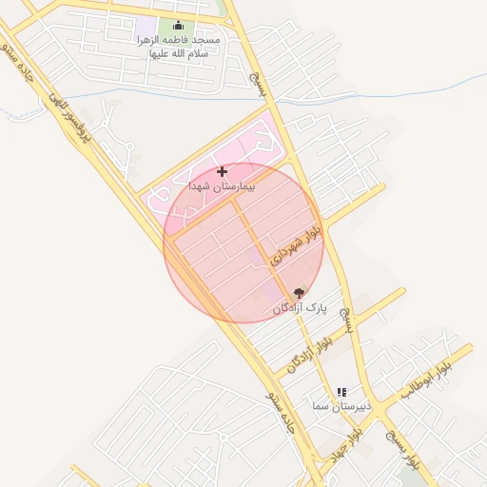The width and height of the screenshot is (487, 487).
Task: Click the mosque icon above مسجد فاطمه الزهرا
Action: click(x=178, y=26)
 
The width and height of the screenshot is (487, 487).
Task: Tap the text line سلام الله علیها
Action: click(x=178, y=53)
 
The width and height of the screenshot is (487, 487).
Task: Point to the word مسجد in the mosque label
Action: click(x=206, y=41)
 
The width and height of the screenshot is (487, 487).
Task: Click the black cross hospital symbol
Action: click(x=223, y=171)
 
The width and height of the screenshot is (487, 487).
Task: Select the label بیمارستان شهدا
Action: click(x=223, y=186)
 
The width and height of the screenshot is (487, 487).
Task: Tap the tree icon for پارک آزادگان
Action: click(x=300, y=293)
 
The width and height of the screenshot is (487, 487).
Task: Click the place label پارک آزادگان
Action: click(x=300, y=309)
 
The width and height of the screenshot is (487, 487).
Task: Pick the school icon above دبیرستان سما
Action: click(x=341, y=392)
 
